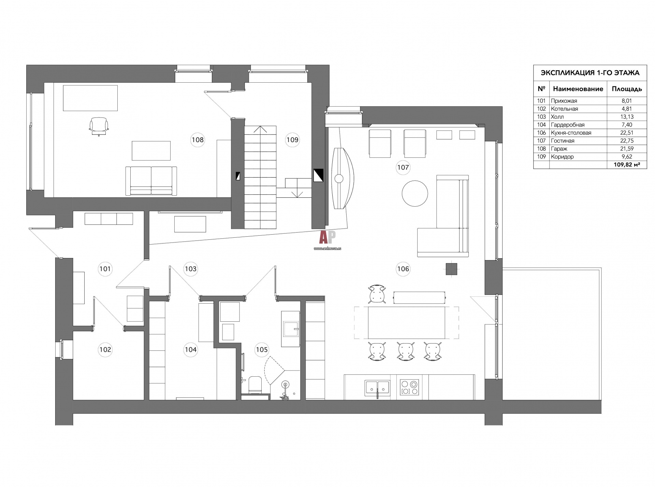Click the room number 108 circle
[x=198, y=140]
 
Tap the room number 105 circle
[x=262, y=350]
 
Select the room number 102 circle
[x=105, y=350]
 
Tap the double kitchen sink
[x=378, y=388]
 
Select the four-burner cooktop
[x=409, y=387]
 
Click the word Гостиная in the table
[x=563, y=141]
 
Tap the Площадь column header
[x=627, y=89]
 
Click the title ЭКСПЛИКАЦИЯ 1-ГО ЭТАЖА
[x=590, y=73]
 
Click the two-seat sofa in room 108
[x=151, y=181]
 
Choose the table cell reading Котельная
[x=564, y=109]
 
